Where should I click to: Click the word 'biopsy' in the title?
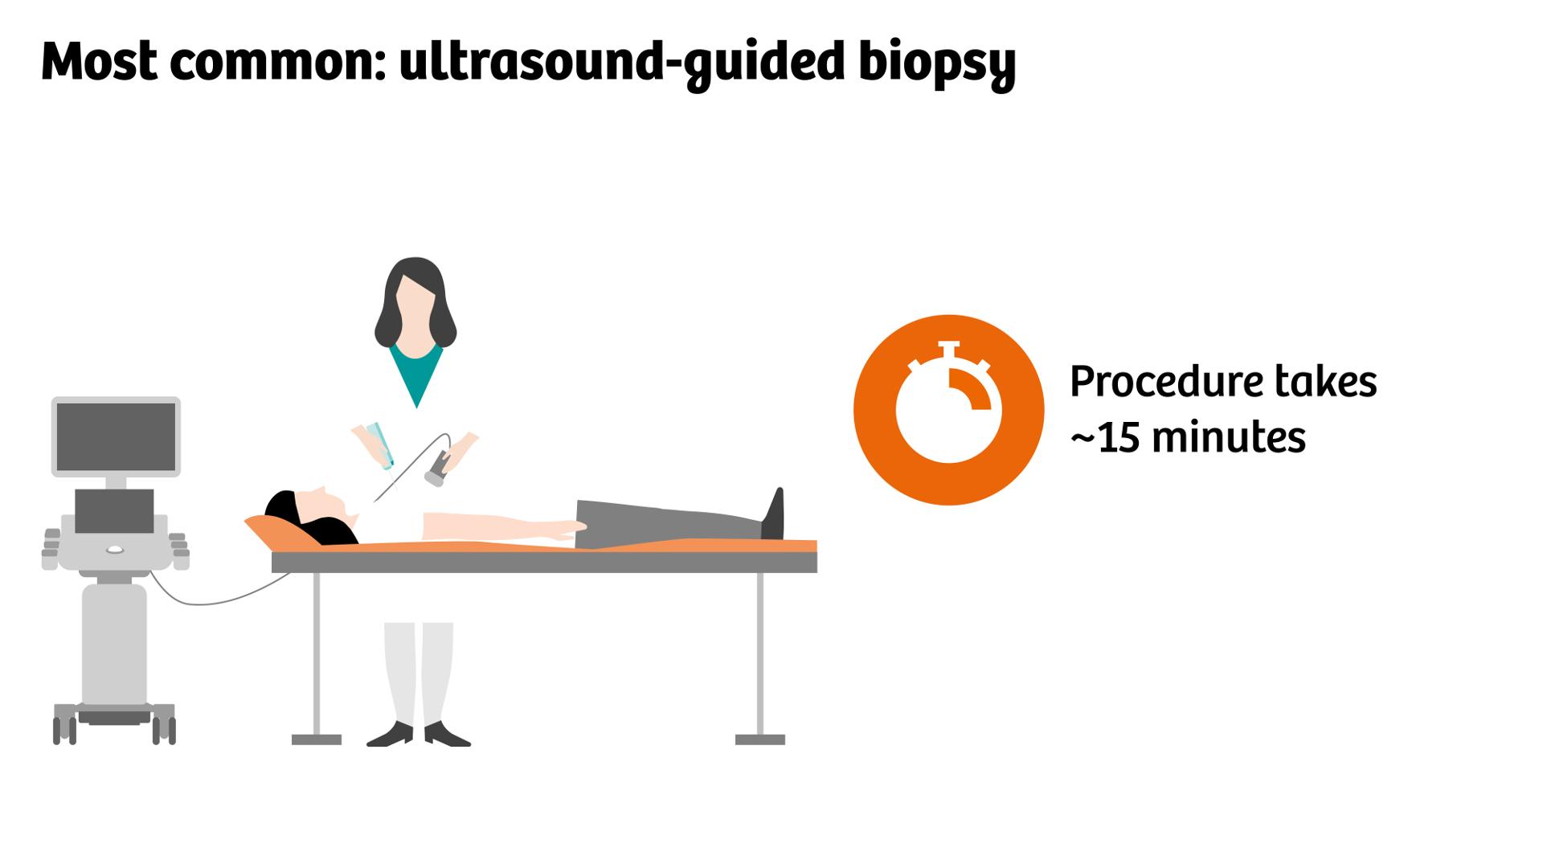936,63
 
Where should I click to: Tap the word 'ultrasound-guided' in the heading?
620,63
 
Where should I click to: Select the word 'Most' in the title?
99,63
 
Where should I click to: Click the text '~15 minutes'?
1187,438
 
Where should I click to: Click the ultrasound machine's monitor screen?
116,436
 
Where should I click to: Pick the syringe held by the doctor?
380,446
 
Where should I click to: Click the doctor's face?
416,309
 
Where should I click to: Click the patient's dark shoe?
773,516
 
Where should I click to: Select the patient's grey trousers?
667,523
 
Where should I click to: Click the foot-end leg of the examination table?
759,659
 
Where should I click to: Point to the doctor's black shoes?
419,735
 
